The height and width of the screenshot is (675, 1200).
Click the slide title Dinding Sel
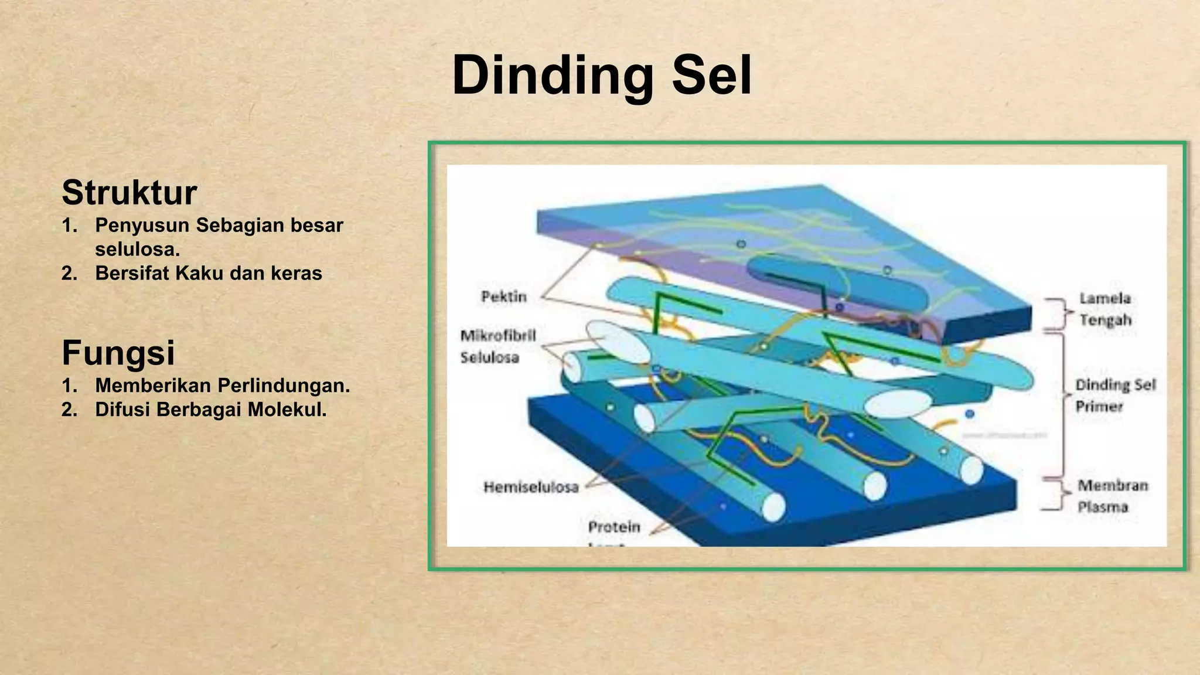click(602, 76)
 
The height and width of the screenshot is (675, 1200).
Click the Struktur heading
click(129, 193)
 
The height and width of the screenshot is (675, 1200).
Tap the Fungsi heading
click(118, 353)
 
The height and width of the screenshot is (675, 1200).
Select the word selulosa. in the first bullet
click(137, 250)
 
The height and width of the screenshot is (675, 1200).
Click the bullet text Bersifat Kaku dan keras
click(209, 274)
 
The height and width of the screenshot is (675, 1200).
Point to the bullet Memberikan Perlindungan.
click(223, 386)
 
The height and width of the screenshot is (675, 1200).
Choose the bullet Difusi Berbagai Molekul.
click(211, 410)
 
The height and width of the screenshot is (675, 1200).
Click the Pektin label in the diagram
click(504, 297)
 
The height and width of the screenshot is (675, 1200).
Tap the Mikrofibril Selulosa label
click(497, 346)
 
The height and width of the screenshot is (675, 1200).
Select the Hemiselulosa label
click(531, 487)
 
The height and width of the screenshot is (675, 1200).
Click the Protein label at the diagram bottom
click(614, 527)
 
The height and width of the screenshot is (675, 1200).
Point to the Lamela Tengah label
click(1105, 309)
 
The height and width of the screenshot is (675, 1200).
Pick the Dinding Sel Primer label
click(1114, 396)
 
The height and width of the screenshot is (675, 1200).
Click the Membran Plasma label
click(1112, 496)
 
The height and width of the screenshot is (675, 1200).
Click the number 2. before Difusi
click(69, 410)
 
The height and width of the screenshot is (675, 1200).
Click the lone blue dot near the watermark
click(970, 414)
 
